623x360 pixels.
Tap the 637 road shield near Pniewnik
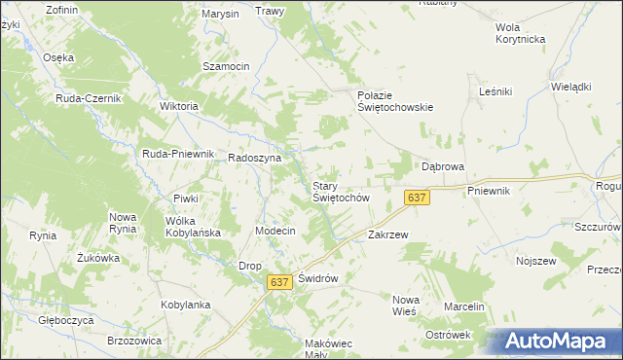(x=417, y=198)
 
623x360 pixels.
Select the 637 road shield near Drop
(x=279, y=281)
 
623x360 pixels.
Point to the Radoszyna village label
(x=254, y=158)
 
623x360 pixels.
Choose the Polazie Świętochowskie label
(x=394, y=101)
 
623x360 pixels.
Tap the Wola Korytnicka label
(x=520, y=33)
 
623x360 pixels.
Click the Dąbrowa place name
(x=442, y=166)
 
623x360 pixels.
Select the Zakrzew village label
(x=387, y=234)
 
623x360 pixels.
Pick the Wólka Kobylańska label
(x=193, y=227)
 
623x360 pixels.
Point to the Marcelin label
(x=464, y=306)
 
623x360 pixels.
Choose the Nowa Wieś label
(x=403, y=305)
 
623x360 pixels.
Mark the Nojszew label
(x=535, y=261)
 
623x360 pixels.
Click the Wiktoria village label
(x=178, y=106)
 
